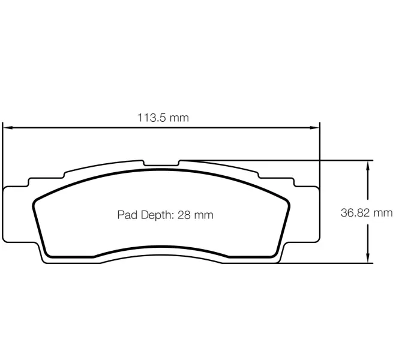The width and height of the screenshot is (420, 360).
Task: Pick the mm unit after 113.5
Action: [178, 118]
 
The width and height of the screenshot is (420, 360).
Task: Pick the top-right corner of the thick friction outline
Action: [286, 200]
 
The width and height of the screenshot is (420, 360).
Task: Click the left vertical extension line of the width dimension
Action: [3, 156]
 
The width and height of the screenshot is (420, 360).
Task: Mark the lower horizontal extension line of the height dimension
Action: [336, 263]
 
